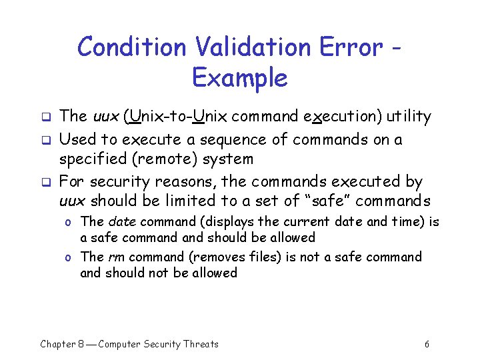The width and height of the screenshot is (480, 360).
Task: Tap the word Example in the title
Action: point(239,78)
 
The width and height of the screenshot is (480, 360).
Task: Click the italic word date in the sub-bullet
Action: point(121,222)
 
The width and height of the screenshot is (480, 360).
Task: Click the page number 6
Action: point(427,344)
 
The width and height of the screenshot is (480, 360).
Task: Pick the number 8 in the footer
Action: point(80,344)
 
